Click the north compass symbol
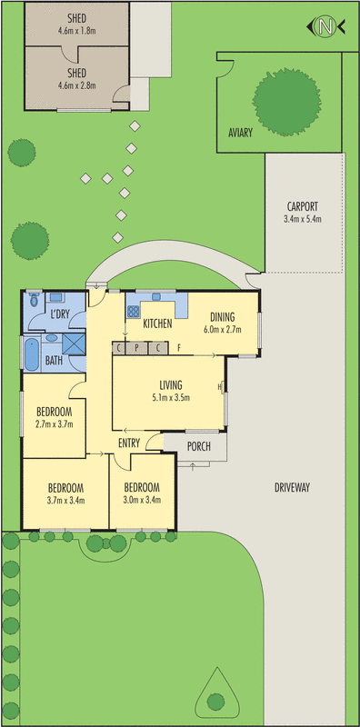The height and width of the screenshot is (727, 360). pos(325,26)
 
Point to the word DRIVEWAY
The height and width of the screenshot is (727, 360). pos(293,488)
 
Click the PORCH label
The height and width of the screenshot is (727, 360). pos(199,446)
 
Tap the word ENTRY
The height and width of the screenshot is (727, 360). pos(129,443)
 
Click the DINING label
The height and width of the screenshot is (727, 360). pos(224,317)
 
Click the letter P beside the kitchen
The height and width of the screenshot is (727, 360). pos(136,347)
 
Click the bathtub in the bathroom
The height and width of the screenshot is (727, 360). pos(32,354)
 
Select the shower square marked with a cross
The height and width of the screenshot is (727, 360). pos(73,344)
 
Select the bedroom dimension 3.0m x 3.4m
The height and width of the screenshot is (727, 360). pos(142,498)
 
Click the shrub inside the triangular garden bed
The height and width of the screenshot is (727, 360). pos(216,701)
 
